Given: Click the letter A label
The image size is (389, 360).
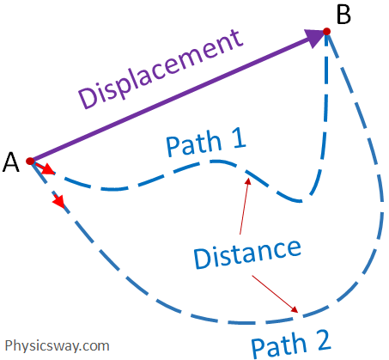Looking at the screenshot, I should pos(12,162).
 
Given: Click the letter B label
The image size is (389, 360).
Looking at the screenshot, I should pos(343,15).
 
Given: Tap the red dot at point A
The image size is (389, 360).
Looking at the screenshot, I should pos(30,161).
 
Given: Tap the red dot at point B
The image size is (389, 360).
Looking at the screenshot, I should pos(326,33).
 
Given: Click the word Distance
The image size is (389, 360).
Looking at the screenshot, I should pos(247,252).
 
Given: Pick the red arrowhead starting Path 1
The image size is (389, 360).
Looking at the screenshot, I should pos(47,170).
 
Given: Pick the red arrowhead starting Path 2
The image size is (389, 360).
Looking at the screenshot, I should pos(58,203).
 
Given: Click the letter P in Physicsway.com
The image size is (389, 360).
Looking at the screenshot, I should pos(9,345).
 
